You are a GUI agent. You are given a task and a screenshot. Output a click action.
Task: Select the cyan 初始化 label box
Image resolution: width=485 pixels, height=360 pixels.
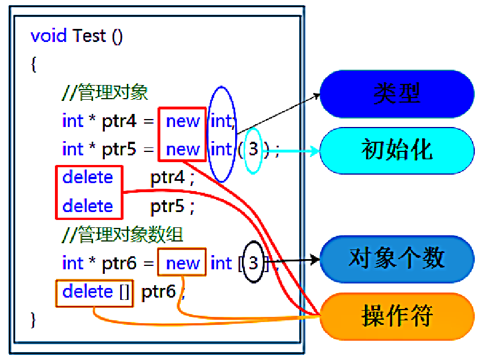click(397, 150)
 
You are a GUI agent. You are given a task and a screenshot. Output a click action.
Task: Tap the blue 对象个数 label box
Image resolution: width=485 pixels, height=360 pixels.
click(397, 259)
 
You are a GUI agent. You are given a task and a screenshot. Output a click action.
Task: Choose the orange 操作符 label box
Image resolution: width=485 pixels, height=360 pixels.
click(397, 316)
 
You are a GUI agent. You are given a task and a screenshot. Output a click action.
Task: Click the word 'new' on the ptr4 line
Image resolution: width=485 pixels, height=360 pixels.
click(183, 121)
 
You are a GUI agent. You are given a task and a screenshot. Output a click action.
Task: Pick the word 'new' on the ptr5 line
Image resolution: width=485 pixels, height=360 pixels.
click(183, 149)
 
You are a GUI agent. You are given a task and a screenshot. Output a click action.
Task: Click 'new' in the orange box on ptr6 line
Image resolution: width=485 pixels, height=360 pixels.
click(183, 263)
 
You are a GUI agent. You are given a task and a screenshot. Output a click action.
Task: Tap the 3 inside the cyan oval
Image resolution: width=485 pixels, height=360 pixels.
click(253, 150)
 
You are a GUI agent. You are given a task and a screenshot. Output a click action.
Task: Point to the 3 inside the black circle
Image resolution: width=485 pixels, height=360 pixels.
click(253, 263)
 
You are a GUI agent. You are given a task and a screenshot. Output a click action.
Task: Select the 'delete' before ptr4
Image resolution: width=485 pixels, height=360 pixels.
click(88, 177)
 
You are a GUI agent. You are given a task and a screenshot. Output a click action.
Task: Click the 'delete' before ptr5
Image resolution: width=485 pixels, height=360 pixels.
click(88, 206)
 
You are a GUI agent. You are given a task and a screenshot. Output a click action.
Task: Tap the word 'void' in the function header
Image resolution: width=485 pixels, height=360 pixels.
click(49, 36)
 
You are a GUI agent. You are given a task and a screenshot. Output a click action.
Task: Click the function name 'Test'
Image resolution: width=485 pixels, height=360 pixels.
click(90, 36)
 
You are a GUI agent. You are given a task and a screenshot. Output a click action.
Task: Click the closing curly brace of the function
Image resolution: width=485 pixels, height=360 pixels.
click(34, 320)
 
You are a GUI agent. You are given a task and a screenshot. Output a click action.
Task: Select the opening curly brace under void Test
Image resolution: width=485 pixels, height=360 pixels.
click(34, 64)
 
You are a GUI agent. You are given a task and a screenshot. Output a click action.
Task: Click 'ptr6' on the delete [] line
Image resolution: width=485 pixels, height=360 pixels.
click(161, 291)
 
